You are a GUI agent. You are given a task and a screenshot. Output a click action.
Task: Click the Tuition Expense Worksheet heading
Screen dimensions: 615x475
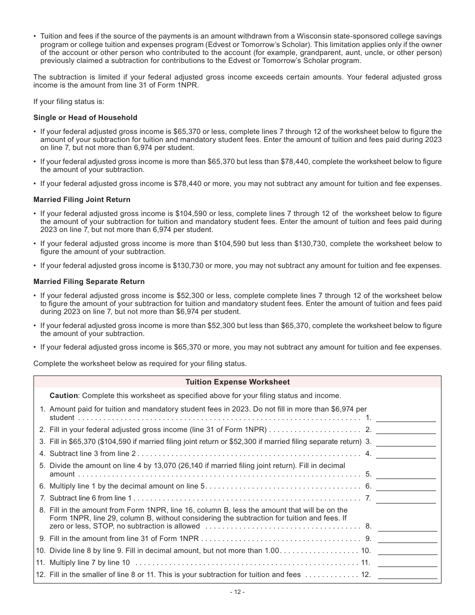pos(237,382)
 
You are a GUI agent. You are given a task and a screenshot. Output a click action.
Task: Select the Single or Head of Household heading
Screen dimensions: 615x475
pos(85,117)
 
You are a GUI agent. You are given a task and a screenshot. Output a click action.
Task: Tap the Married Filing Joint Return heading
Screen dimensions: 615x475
pos(81,199)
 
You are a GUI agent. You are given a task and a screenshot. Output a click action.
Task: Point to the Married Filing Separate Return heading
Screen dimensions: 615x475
pos(88,281)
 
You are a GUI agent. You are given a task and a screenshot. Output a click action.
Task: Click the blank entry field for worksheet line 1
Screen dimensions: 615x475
pos(405,418)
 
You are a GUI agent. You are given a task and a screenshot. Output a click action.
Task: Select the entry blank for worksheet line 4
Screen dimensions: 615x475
pos(405,454)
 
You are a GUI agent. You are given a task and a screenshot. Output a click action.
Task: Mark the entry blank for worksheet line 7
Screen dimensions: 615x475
pos(405,498)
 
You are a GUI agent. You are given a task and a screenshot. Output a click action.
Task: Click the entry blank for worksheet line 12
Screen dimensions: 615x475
pos(407,575)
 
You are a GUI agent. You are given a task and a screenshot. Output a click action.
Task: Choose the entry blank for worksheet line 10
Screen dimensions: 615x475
pos(407,551)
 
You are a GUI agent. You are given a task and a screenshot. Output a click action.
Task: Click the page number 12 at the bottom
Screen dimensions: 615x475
pos(237,592)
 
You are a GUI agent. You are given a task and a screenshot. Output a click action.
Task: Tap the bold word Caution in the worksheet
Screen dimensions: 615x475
pos(63,395)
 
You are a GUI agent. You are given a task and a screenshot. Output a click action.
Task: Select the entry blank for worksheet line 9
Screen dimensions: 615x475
pos(407,538)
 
